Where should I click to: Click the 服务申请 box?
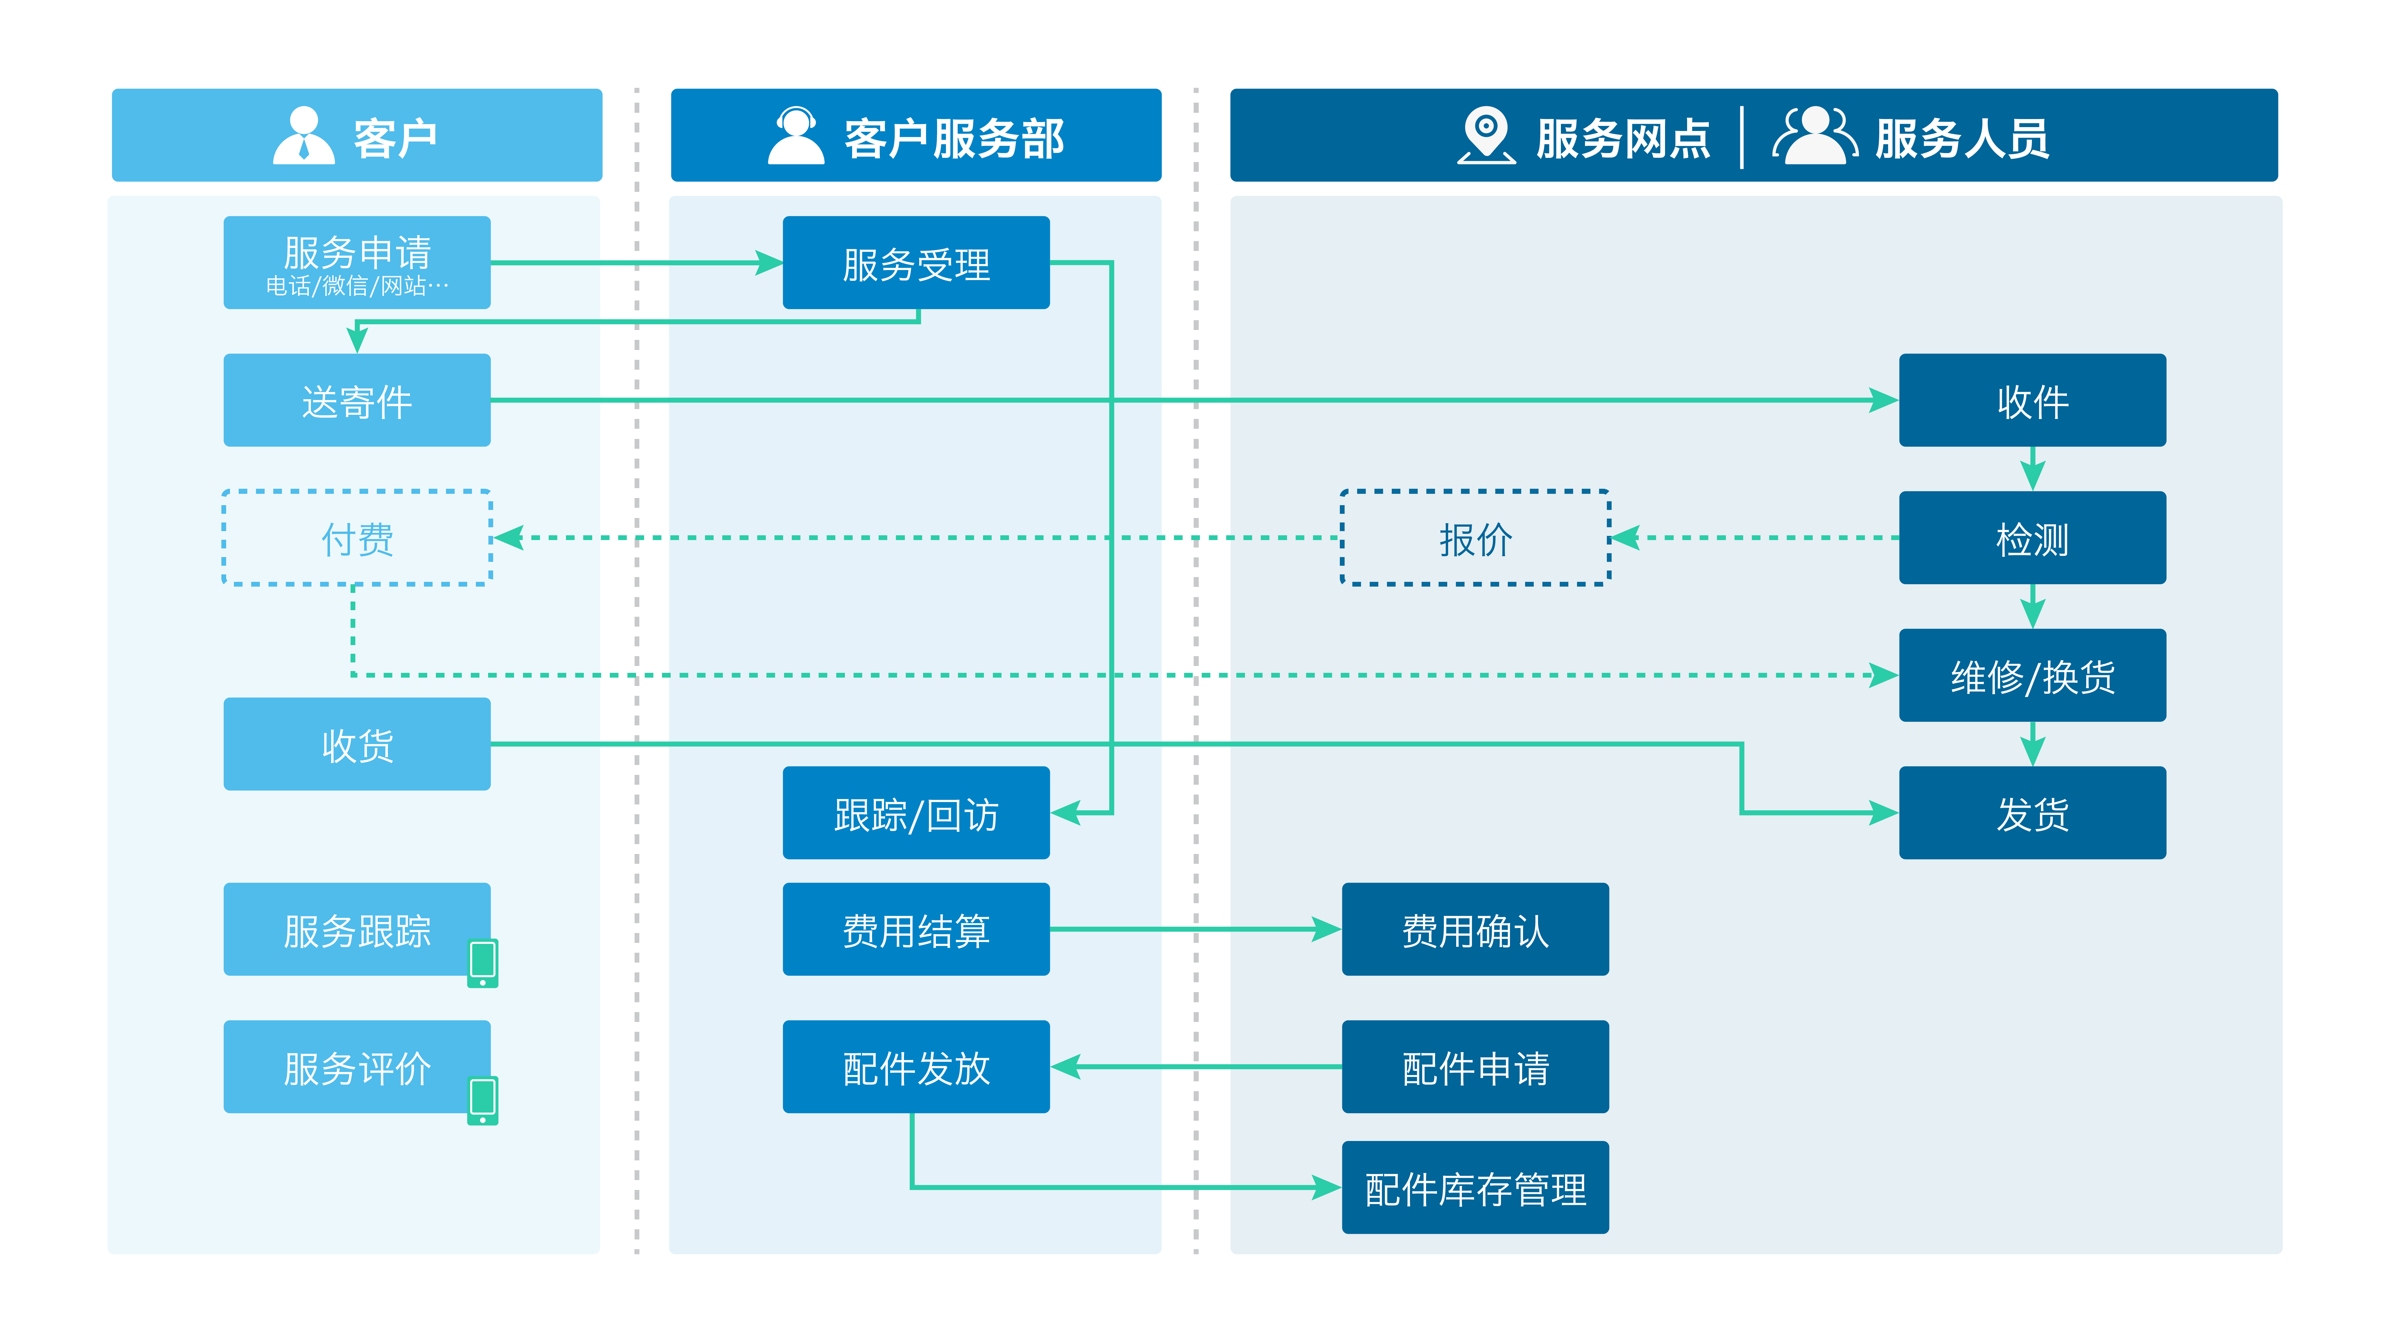357,262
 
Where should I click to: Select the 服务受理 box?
916,262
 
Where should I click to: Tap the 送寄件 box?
357,400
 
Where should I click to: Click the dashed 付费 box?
357,538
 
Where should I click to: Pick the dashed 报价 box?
1475,538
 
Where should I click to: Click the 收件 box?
2032,400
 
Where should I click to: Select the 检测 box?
2032,538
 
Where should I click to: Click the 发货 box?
2032,813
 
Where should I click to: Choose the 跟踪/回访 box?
916,813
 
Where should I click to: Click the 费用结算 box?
916,929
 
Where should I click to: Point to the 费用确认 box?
1475,929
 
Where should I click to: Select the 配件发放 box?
916,1067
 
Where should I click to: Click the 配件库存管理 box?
1475,1187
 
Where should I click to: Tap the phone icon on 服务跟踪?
483,963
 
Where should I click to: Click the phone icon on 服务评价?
483,1100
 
